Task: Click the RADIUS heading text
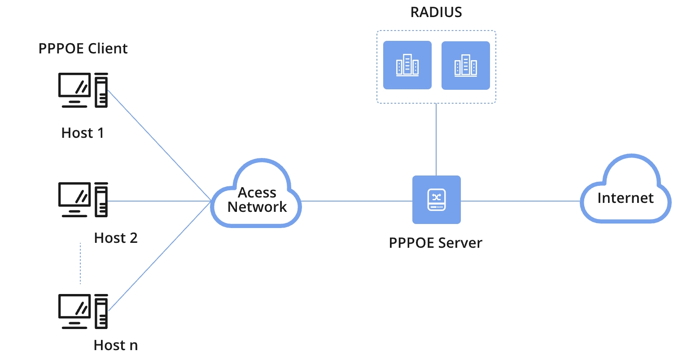(436, 12)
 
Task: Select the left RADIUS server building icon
(407, 65)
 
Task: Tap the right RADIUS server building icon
(465, 66)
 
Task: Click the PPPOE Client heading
(83, 48)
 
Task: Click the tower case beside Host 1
(101, 90)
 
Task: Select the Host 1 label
(83, 133)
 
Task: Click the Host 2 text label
(116, 238)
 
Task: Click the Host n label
(116, 345)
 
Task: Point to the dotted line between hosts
(80, 264)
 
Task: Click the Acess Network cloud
(257, 200)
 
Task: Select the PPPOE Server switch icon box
(436, 200)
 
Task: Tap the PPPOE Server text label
(435, 243)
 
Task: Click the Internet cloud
(625, 198)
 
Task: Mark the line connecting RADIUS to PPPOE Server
(436, 139)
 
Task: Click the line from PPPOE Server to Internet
(521, 201)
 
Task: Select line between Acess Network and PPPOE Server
(357, 201)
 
